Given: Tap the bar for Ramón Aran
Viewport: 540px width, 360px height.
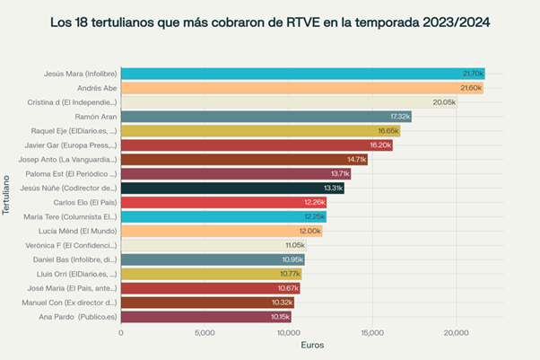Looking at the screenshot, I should click(266, 117).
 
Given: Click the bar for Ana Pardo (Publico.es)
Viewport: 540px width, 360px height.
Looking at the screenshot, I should click(205, 316).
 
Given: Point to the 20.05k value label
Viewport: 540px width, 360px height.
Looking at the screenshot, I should click(444, 102).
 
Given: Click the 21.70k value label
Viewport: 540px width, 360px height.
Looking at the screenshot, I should click(473, 74).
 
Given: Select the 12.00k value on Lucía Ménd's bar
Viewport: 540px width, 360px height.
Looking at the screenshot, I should click(309, 231).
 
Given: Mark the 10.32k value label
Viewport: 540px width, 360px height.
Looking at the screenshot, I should click(282, 303).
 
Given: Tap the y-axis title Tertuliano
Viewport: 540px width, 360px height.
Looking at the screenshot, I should click(7, 193).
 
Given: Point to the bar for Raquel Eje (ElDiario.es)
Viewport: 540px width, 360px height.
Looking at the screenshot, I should click(260, 131).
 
